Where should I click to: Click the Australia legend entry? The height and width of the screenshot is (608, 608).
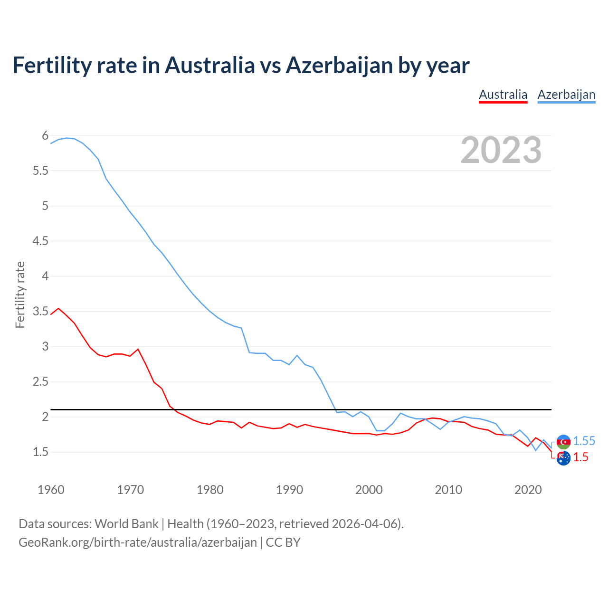(503, 95)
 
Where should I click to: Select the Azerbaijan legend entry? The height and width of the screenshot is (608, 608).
(566, 95)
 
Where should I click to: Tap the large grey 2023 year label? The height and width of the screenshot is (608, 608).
(501, 150)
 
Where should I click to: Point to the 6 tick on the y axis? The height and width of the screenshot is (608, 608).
(45, 136)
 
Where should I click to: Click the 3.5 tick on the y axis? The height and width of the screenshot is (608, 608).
(41, 312)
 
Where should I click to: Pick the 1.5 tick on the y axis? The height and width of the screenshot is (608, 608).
(41, 452)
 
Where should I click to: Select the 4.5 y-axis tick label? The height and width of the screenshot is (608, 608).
(41, 241)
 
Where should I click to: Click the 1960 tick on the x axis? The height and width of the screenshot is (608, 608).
(51, 490)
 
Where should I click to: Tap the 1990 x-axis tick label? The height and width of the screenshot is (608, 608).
(289, 490)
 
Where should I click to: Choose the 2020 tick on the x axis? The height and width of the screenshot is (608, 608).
(528, 490)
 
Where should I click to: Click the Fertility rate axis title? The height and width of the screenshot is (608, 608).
(20, 294)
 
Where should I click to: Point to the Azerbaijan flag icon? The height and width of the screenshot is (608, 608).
(563, 442)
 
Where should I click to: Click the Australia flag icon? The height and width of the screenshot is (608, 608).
(563, 458)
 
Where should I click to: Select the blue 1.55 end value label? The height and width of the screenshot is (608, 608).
(584, 441)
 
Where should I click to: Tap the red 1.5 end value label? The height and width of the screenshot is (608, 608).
(580, 457)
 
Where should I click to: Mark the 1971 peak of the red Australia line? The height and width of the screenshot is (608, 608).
(138, 349)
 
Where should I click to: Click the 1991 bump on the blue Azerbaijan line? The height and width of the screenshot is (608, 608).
(297, 355)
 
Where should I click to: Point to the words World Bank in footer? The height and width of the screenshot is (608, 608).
(126, 524)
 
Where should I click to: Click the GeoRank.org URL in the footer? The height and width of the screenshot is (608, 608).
(138, 542)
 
